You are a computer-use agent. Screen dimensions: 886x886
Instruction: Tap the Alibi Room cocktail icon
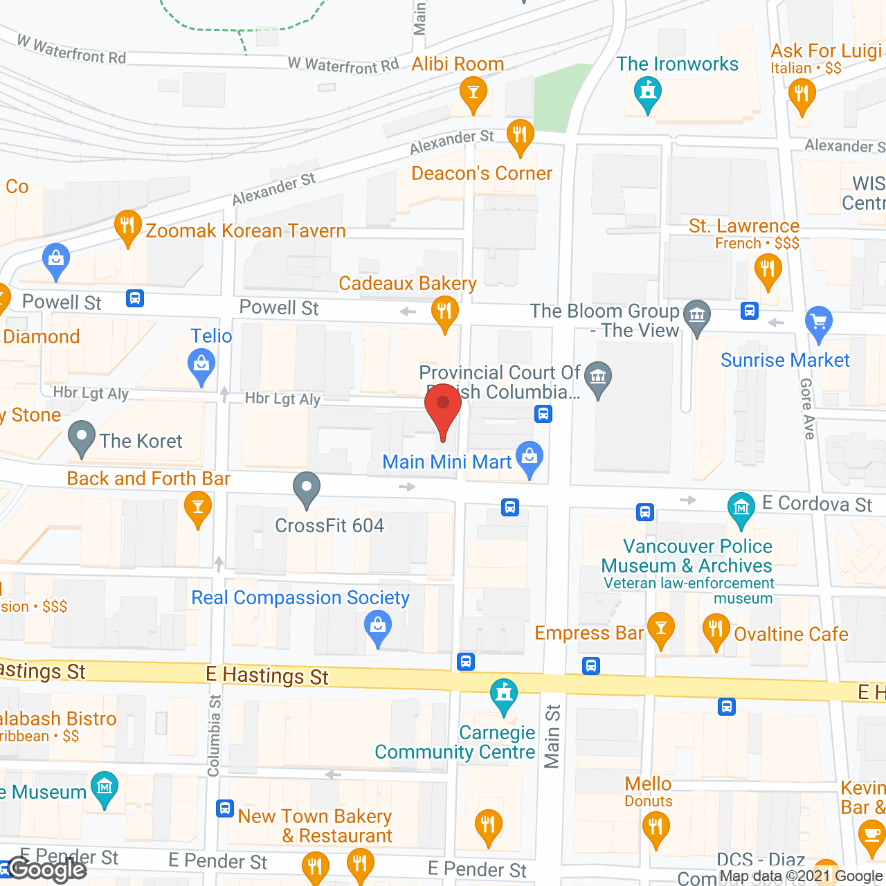pyautogui.click(x=473, y=92)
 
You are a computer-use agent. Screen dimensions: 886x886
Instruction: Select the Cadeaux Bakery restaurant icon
pyautogui.click(x=444, y=311)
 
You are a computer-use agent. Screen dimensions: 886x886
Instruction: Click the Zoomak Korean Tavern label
pyautogui.click(x=245, y=230)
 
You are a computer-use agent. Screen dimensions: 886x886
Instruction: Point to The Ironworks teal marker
pyautogui.click(x=648, y=92)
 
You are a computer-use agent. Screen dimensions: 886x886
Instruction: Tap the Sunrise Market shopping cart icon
pyautogui.click(x=819, y=322)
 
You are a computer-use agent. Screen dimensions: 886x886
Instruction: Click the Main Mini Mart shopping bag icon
pyautogui.click(x=530, y=457)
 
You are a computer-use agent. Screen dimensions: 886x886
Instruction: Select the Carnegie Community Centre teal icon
pyautogui.click(x=503, y=694)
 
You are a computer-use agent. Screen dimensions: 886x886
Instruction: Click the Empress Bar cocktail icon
pyautogui.click(x=660, y=629)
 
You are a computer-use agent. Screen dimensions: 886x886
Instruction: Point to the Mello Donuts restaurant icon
pyautogui.click(x=655, y=826)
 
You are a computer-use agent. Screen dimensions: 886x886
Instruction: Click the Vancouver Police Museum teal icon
pyautogui.click(x=741, y=508)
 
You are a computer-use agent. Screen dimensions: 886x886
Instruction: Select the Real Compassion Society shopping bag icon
pyautogui.click(x=378, y=626)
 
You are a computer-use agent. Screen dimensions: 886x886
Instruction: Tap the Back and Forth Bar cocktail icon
pyautogui.click(x=198, y=508)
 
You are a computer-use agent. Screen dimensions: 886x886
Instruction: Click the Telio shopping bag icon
pyautogui.click(x=201, y=363)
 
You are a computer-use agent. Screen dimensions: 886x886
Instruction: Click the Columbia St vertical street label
pyautogui.click(x=215, y=735)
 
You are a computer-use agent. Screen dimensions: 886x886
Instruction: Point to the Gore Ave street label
pyautogui.click(x=807, y=408)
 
